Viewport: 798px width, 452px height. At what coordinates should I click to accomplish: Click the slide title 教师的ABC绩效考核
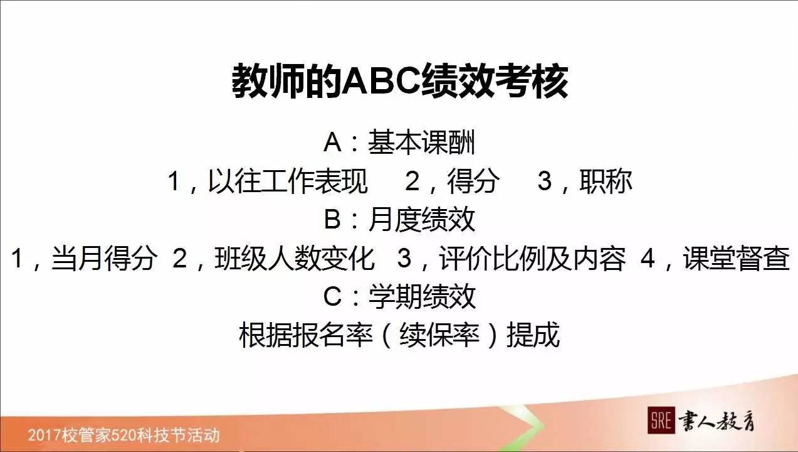(x=399, y=81)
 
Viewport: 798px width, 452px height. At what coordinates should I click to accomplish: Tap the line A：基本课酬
(x=399, y=143)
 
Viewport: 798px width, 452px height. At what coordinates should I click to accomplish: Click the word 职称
(x=606, y=181)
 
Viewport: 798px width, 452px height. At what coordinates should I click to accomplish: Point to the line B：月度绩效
(x=399, y=220)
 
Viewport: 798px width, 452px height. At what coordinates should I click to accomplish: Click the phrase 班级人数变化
(x=295, y=259)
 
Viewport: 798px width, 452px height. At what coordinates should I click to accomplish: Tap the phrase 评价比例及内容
(x=532, y=259)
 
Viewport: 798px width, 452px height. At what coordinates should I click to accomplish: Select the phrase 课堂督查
(x=737, y=259)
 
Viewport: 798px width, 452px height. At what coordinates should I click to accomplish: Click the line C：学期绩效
(x=399, y=296)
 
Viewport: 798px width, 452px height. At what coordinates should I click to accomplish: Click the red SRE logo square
(x=661, y=421)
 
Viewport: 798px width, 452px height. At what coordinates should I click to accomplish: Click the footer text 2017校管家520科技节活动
(x=123, y=435)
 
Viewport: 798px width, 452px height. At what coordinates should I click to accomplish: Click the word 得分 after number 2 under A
(x=473, y=181)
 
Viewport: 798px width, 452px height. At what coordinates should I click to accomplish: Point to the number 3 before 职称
(x=544, y=181)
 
